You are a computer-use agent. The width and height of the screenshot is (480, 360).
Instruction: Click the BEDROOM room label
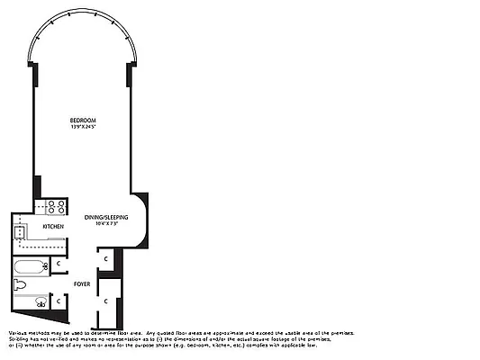(x=83, y=120)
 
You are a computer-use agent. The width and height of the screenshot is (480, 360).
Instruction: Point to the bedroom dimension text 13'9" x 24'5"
(x=83, y=126)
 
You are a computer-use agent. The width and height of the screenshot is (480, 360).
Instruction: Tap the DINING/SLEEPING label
(x=105, y=217)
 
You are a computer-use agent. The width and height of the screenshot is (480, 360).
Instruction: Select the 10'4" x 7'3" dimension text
(x=105, y=224)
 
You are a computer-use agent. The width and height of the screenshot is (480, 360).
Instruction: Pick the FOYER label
(x=82, y=284)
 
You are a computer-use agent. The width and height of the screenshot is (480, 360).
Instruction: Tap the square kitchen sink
(x=20, y=231)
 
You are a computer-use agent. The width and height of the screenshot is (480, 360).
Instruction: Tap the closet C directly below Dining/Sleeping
(x=106, y=259)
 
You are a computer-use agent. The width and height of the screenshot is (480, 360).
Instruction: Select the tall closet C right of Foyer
(x=106, y=300)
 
